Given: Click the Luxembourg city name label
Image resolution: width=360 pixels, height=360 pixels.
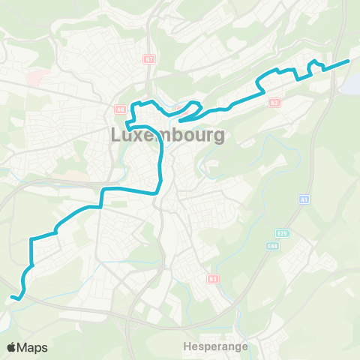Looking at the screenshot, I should coord(167,136).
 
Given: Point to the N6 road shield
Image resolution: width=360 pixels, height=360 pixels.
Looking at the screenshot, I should coord(120,109).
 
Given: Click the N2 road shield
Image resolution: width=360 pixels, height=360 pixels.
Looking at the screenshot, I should coord(274,102).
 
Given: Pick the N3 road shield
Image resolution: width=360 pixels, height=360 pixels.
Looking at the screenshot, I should coord(213,279).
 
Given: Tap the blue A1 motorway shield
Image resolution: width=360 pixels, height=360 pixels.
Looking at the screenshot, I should coord(304,199).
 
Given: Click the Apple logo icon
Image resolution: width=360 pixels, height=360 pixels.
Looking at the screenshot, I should coord(13,347).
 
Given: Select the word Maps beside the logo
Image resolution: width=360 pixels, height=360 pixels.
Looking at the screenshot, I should coord(33,347).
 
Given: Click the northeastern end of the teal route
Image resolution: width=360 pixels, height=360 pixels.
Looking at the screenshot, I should coord(349,60).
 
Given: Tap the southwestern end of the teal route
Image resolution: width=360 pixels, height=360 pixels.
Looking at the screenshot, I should coord(13,298).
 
